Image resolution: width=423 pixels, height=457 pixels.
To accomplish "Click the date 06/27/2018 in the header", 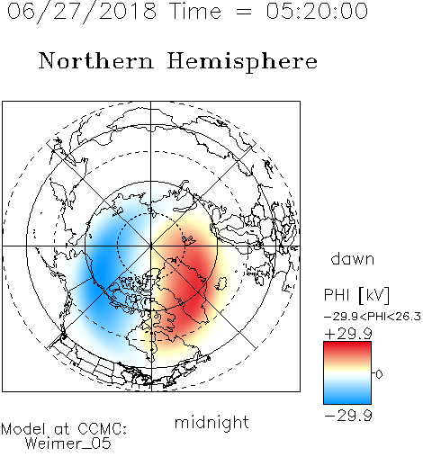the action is [x=82, y=12].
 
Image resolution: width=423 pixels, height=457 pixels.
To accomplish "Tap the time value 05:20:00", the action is [x=317, y=12].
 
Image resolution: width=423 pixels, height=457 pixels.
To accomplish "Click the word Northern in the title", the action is [x=96, y=61].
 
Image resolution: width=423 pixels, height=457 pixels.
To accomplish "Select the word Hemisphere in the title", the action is [x=242, y=62].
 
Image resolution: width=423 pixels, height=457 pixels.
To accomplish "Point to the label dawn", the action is [x=353, y=258].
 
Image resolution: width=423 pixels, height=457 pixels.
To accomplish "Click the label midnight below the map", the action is [x=211, y=423].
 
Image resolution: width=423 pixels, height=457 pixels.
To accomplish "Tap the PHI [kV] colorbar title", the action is [x=356, y=295].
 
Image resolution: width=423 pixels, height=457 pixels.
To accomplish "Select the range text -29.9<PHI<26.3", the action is [x=373, y=317].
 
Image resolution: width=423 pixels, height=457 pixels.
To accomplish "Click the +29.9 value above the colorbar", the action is [x=348, y=334].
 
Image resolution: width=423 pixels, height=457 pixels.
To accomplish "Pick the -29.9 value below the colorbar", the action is [x=348, y=416].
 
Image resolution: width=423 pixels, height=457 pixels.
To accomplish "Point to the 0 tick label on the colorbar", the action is [x=379, y=374].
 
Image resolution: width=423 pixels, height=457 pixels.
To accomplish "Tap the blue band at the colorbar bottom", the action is [x=347, y=398].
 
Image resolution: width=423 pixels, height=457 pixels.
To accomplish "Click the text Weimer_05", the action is [x=68, y=444].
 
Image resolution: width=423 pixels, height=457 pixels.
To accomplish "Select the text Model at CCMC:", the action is [x=64, y=429].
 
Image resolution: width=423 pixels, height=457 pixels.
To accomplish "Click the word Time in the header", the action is [x=195, y=12].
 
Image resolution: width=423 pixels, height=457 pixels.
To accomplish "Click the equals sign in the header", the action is [x=244, y=12].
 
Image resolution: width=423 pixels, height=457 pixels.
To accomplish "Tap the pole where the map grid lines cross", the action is [x=151, y=246].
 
